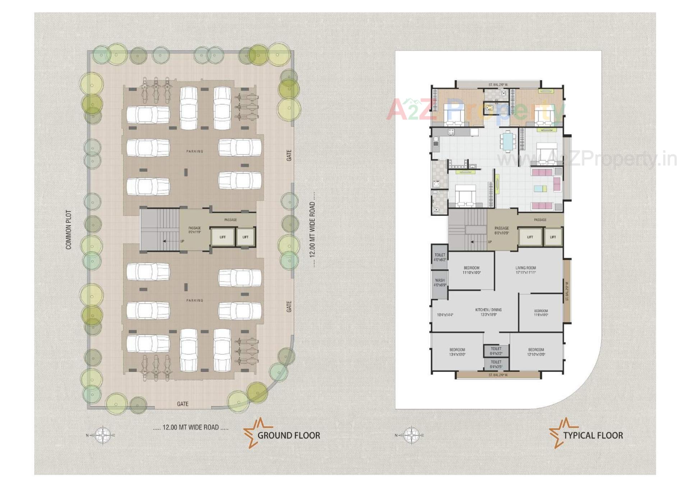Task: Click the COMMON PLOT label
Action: (68, 230)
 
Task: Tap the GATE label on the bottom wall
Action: (183, 404)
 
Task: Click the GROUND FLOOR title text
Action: (289, 435)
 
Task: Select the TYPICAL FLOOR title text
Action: (593, 435)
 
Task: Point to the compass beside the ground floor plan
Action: (102, 435)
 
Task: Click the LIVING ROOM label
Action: (525, 270)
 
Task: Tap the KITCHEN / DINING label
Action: (488, 312)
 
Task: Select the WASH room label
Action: (440, 282)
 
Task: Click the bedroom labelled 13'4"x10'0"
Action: (457, 352)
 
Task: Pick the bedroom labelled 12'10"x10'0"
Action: (536, 352)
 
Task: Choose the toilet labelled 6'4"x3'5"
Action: (496, 364)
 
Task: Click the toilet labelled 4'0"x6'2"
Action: (440, 257)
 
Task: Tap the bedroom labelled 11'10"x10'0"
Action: (471, 270)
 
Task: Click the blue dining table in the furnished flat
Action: (508, 141)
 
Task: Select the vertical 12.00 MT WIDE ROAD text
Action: (312, 230)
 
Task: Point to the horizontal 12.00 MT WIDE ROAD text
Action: (190, 427)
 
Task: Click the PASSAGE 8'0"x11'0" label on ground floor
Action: (194, 230)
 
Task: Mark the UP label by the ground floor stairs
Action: (182, 241)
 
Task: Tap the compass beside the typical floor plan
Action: (411, 435)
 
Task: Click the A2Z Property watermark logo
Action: (474, 109)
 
